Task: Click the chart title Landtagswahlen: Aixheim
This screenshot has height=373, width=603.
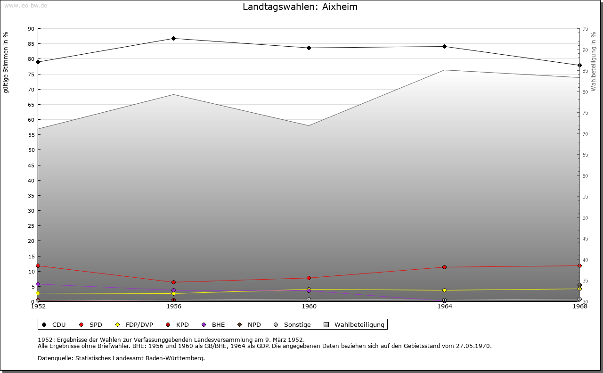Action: (x=300, y=7)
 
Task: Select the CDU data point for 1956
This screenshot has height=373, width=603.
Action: (x=173, y=38)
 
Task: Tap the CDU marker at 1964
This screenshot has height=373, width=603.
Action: (x=444, y=46)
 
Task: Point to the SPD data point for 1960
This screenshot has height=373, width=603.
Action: (x=309, y=278)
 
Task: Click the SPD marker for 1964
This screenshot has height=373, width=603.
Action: (x=444, y=267)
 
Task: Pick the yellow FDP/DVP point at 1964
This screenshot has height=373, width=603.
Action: (x=444, y=290)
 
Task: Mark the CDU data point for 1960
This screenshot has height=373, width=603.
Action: (x=309, y=48)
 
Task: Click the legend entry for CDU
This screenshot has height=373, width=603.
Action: (x=55, y=324)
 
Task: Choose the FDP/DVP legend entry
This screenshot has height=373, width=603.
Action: (x=135, y=324)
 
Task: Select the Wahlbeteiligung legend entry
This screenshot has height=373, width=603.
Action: (x=355, y=324)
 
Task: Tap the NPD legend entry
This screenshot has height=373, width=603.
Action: (x=249, y=324)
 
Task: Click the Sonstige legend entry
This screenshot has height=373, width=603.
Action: (x=292, y=324)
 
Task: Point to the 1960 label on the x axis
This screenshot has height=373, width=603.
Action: (x=309, y=307)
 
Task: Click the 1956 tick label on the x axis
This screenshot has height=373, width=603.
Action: (x=174, y=307)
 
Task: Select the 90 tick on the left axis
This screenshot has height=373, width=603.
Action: (x=31, y=29)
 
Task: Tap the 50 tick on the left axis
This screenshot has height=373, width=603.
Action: (x=31, y=150)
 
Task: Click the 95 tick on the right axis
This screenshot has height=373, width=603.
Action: (x=585, y=29)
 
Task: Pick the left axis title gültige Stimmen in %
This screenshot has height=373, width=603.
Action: (x=6, y=62)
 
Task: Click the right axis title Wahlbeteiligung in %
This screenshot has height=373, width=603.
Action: (x=594, y=61)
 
